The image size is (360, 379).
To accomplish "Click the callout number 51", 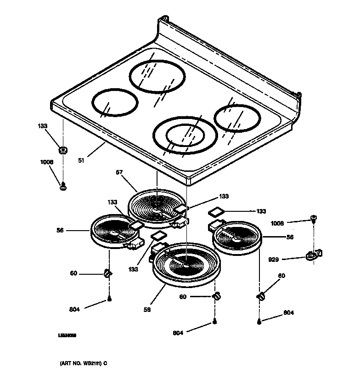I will pyautogui.click(x=81, y=161).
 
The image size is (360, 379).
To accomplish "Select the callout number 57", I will pyautogui.click(x=119, y=173).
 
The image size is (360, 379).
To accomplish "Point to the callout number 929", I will pyautogui.click(x=274, y=260).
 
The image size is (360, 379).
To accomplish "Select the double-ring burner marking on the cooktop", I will pyautogui.click(x=183, y=135).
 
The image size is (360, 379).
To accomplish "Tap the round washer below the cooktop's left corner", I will pyautogui.click(x=62, y=150).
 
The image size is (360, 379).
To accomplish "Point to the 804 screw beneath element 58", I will pyautogui.click(x=214, y=323).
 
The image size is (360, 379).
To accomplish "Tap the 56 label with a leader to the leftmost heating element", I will pyautogui.click(x=61, y=230).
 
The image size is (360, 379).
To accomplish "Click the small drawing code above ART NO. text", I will pyautogui.click(x=67, y=336).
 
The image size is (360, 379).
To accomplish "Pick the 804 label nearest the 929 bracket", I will pyautogui.click(x=288, y=313).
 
